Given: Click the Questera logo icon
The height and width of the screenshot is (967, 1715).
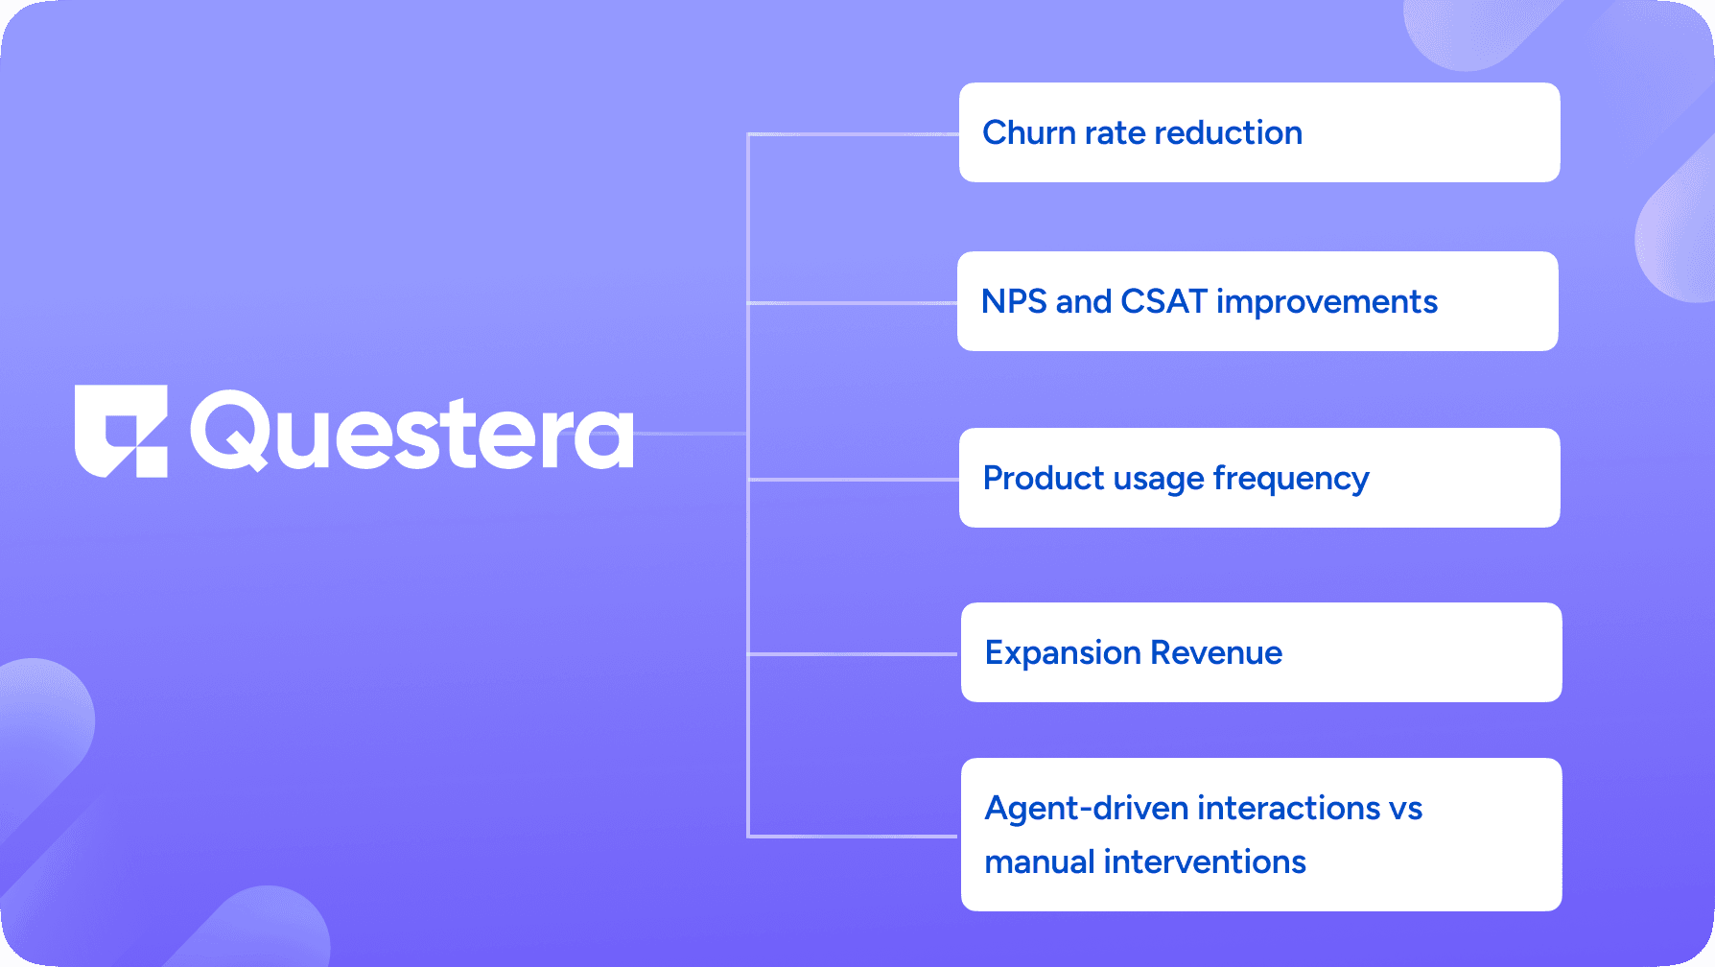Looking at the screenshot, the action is point(121,431).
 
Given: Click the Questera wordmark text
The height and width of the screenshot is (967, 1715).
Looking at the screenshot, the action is point(412,432).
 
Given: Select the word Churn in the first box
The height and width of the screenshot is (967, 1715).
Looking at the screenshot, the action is point(1029,132).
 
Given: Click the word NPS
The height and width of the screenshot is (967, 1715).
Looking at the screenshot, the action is point(1014,301).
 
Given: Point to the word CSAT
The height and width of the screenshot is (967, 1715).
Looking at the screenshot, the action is point(1163,301).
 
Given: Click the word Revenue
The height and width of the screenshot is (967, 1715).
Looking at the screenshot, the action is point(1216,652).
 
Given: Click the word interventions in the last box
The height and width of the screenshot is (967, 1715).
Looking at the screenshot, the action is point(1205,861).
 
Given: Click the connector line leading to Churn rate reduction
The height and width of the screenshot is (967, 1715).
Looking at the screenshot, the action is point(854,134).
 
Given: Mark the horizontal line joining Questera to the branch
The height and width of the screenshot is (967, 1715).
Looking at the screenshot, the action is point(691,434).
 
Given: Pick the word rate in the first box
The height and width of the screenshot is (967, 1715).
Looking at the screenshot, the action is point(1116,132).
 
